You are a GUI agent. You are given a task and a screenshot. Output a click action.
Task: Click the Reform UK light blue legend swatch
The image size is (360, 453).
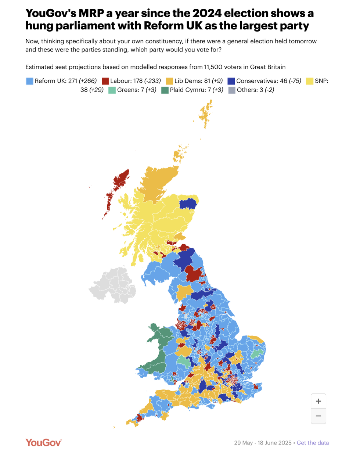(30, 81)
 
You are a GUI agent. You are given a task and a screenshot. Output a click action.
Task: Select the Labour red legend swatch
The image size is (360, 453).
(105, 81)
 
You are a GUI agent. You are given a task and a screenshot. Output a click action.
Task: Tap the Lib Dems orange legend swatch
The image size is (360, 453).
(169, 81)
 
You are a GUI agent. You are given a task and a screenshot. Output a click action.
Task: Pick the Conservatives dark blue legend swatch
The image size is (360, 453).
(231, 81)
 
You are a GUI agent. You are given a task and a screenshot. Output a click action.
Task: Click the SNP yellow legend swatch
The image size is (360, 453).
(310, 81)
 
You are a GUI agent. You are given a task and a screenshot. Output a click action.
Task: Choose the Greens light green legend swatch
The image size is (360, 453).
(112, 90)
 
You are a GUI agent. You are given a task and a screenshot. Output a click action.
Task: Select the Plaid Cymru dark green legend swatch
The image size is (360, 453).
(165, 90)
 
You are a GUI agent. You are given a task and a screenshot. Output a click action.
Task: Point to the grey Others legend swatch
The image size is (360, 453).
(232, 90)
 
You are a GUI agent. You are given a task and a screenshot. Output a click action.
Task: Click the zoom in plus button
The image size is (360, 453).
(318, 401)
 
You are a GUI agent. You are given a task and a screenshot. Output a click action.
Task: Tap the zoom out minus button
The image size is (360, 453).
(318, 416)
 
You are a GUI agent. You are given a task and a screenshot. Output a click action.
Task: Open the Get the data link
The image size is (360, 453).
(313, 443)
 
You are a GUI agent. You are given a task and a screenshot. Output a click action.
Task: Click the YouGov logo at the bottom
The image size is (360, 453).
(43, 442)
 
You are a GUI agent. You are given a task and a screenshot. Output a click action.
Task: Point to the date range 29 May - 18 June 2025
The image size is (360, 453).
(263, 443)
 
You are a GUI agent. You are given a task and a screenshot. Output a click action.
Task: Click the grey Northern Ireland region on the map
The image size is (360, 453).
(112, 285)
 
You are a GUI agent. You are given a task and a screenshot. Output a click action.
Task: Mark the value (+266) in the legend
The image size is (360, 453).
(88, 81)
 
